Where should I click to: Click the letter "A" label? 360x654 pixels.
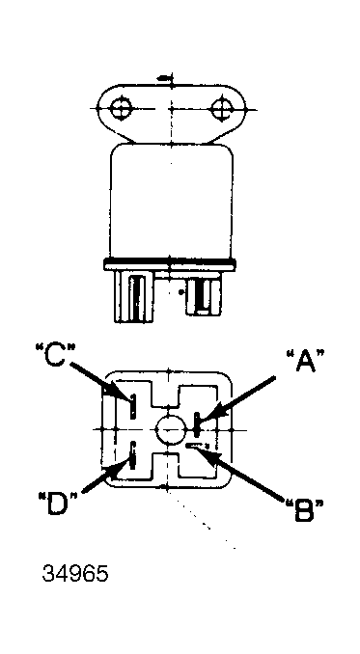point(305,361)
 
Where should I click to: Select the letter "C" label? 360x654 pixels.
point(55,354)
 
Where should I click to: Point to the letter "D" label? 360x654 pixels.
point(59,503)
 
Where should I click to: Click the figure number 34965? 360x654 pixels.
point(75,574)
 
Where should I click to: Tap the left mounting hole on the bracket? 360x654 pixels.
point(121,108)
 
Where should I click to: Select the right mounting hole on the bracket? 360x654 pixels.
point(222,109)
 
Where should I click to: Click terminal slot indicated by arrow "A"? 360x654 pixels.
point(197,423)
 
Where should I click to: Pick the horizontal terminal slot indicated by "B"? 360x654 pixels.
point(197,447)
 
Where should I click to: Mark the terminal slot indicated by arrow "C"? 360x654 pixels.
point(132,407)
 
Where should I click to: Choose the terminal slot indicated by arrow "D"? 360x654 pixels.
point(132,455)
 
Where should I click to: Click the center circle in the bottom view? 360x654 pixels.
point(171,430)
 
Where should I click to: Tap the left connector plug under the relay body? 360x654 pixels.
point(134,296)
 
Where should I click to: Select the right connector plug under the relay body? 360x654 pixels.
point(204,293)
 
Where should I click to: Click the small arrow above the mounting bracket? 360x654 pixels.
point(165,78)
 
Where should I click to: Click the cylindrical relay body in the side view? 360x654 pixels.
point(172,201)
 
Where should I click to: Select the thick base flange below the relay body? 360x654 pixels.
point(169,264)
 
